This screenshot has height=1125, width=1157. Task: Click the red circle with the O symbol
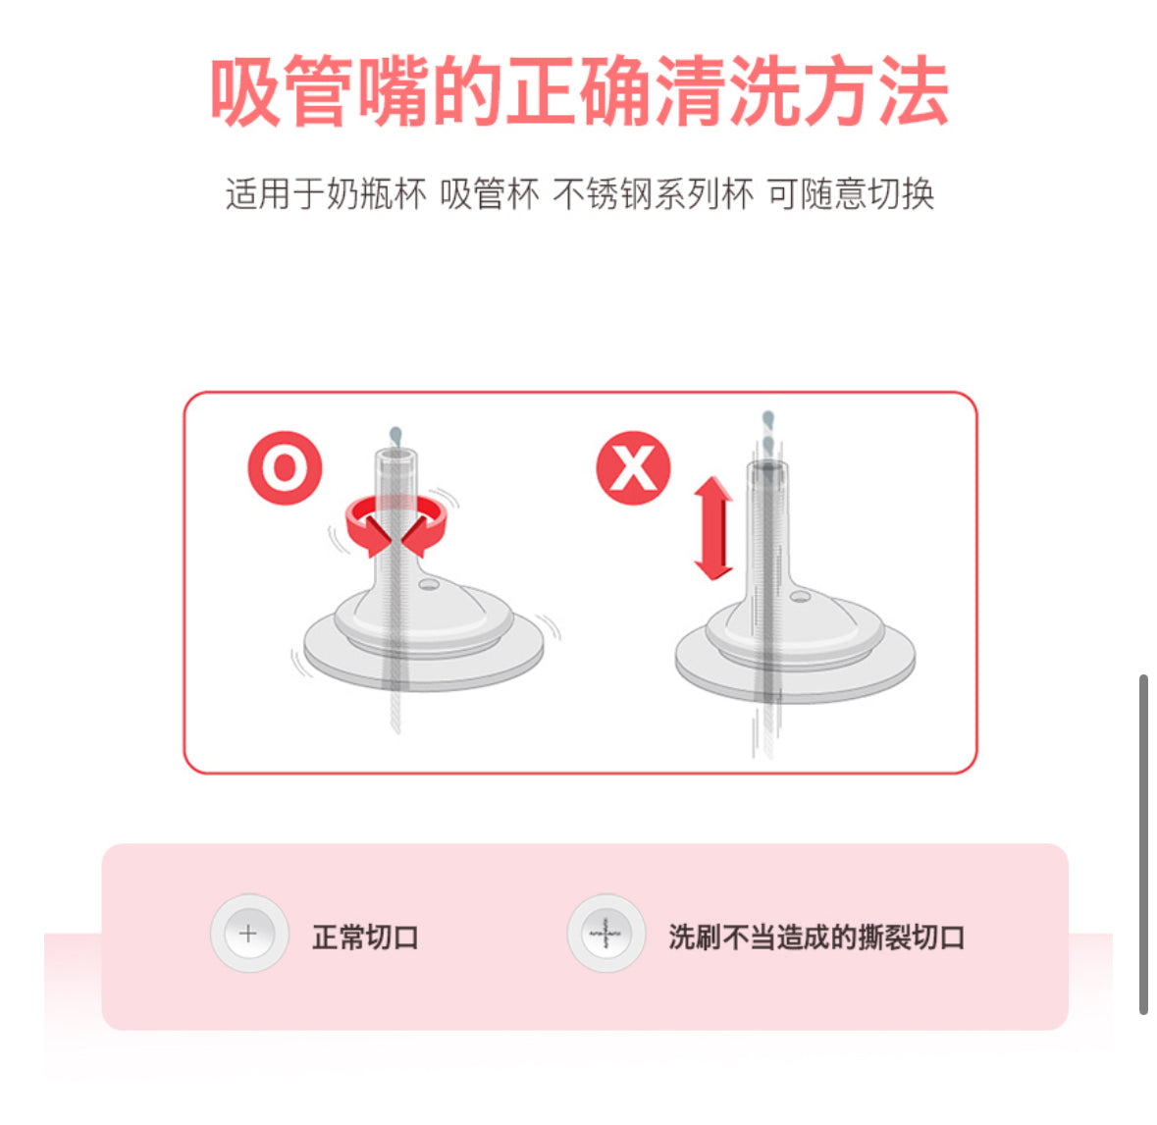point(285,468)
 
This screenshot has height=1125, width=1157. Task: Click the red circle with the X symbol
point(633,468)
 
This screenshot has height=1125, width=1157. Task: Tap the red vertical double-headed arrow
point(713,528)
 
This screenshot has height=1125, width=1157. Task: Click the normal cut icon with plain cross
point(249,934)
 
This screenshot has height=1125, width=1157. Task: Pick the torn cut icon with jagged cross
point(605,934)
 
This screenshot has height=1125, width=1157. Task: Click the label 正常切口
point(365,937)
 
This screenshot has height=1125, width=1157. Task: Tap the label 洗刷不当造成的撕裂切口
point(816,937)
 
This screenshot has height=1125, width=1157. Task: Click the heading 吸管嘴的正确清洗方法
point(579,92)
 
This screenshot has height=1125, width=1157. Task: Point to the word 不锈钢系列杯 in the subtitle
point(654,194)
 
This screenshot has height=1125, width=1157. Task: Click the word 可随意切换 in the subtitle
point(850,194)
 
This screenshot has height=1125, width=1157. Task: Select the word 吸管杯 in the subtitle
point(489,194)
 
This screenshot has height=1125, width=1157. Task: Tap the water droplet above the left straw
point(394,435)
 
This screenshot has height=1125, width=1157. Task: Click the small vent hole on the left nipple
point(428,585)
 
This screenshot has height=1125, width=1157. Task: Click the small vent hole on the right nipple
point(800,596)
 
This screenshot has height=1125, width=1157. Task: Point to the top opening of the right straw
point(766,466)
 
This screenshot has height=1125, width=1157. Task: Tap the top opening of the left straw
point(394,455)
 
